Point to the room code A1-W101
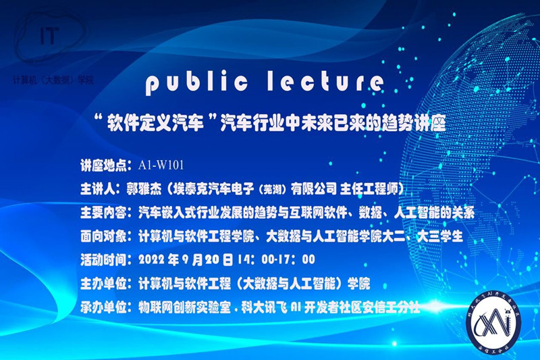[x=161, y=163]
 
